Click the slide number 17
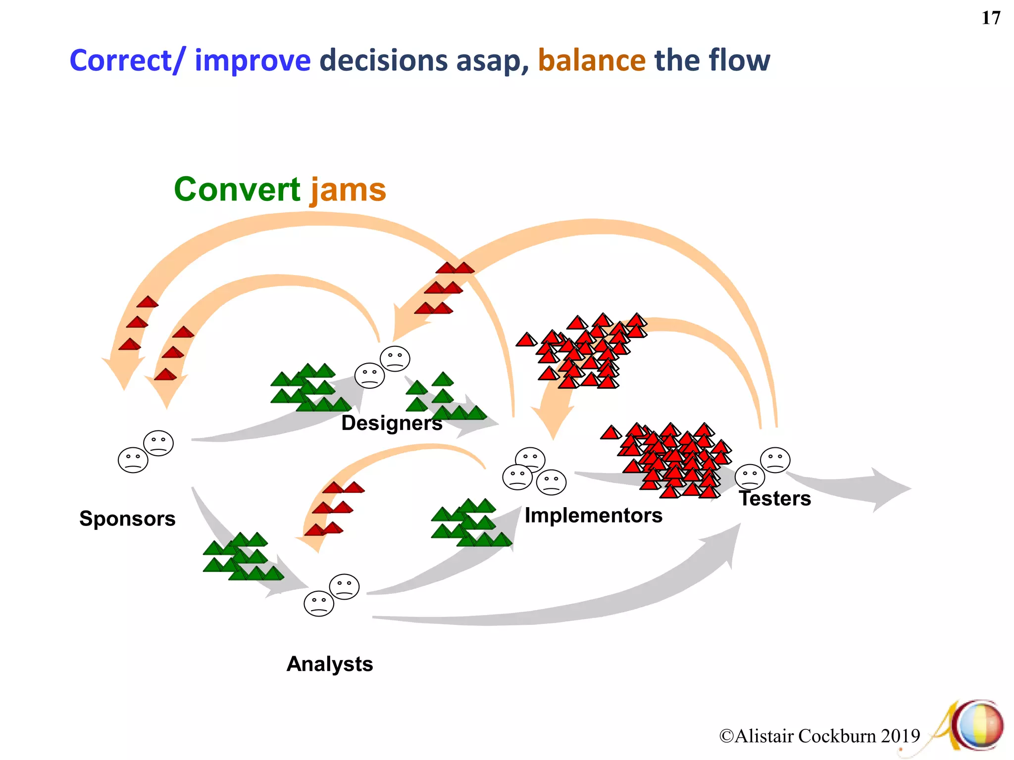(991, 18)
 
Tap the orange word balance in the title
(591, 61)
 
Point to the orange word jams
(348, 190)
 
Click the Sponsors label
(127, 519)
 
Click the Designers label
(391, 423)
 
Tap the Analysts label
(329, 664)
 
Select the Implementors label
(593, 516)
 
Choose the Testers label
(775, 498)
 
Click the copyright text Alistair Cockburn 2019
(819, 736)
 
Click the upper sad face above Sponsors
(158, 443)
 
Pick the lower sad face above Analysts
(318, 603)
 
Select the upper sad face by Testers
(775, 460)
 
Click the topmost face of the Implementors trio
(530, 460)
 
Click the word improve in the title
(253, 61)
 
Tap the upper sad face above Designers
(395, 358)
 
